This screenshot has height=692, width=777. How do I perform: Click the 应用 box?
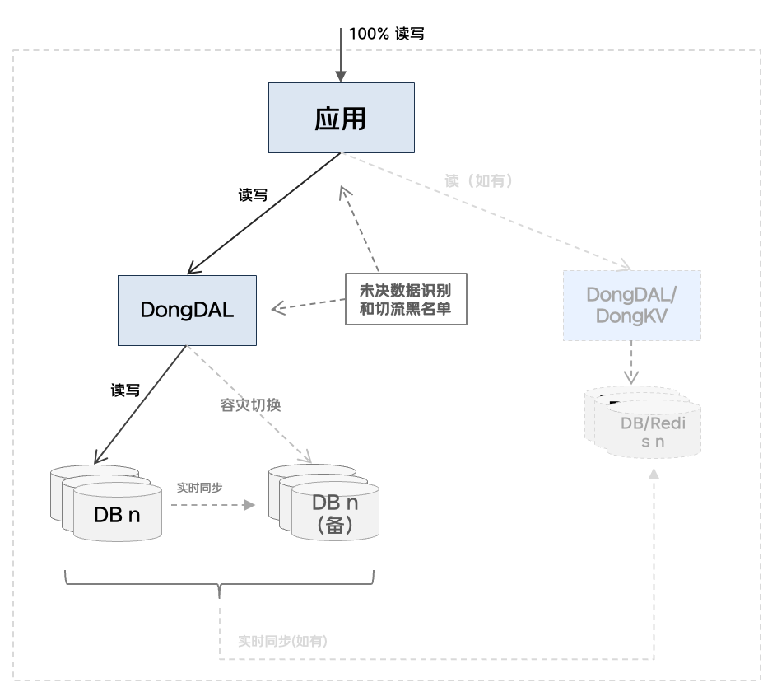point(341,119)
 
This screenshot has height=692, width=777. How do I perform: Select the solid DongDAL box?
point(187,310)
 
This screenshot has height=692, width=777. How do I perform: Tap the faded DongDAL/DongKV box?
point(632,306)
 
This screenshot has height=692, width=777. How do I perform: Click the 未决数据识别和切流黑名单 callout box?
point(406,299)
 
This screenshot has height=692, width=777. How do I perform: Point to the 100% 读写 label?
point(386,34)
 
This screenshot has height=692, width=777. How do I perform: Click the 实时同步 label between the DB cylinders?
point(199,487)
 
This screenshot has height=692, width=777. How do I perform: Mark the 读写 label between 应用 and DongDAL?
point(253,195)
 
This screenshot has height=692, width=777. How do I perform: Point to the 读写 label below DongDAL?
point(125,390)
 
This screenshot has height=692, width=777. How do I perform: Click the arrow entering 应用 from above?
point(341,54)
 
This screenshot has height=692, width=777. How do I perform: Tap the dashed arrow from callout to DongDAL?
point(309,306)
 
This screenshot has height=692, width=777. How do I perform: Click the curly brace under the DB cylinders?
point(219,586)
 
